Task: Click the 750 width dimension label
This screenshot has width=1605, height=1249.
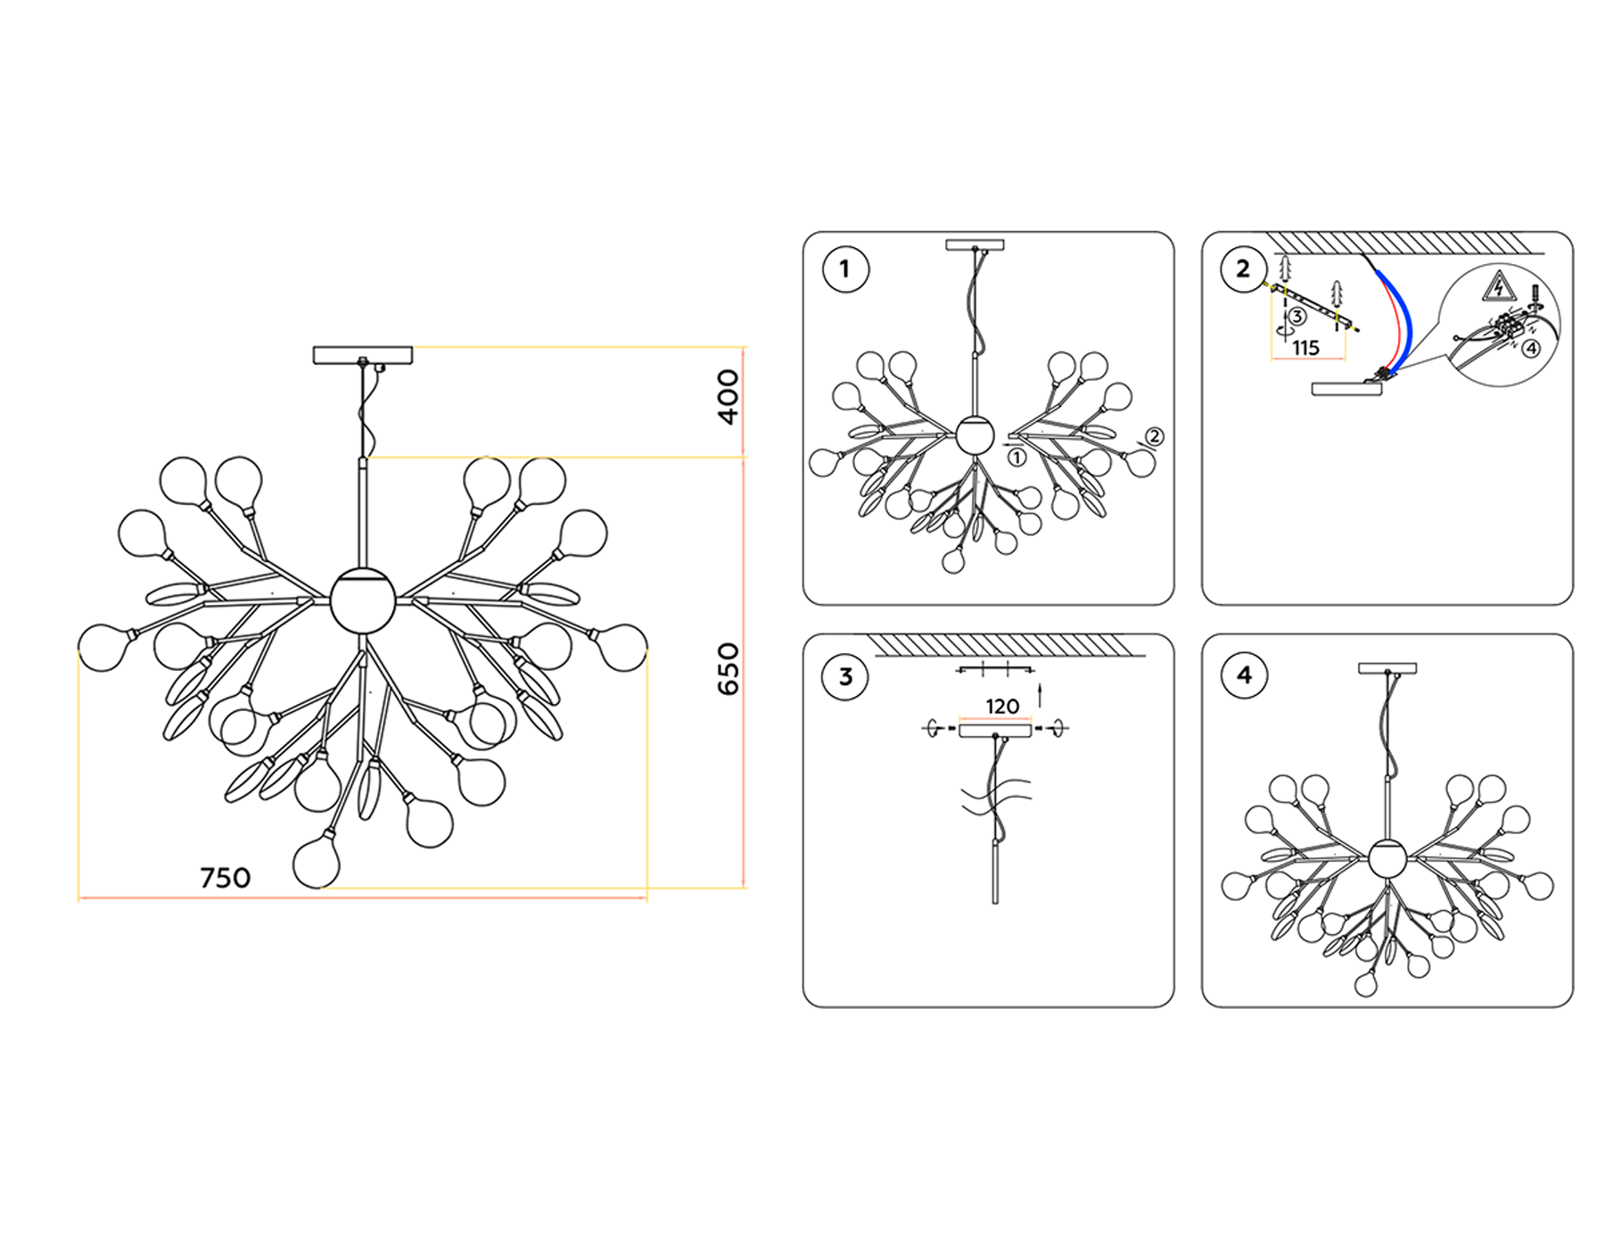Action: coord(225,878)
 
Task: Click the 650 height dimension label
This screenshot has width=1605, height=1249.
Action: coord(728,669)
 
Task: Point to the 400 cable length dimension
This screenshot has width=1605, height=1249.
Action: coord(728,397)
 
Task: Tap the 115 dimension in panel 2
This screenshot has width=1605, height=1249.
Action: coord(1305,348)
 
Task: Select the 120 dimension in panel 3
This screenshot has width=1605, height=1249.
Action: coord(1002,707)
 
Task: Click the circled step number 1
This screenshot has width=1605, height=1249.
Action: coord(845,269)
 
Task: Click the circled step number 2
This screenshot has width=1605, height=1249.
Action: coord(1244,269)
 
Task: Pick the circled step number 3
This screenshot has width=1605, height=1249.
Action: coord(845,676)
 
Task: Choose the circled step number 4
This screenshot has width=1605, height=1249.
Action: coord(1244,675)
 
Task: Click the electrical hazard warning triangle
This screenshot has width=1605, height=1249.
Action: coord(1499,287)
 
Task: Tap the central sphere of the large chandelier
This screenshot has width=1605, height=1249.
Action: coord(362,600)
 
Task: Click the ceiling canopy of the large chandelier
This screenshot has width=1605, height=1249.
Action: coord(363,355)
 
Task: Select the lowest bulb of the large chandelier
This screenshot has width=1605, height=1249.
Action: coord(317,859)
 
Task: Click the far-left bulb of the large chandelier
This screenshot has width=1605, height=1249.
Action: coord(104,647)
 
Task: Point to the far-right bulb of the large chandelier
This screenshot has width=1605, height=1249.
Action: coord(621,647)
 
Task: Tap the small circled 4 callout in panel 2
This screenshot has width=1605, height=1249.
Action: coord(1530,348)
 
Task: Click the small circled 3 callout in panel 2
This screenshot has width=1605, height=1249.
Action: coord(1297,317)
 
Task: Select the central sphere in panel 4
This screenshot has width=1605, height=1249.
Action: coord(1387,858)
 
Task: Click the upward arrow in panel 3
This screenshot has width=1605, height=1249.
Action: coord(1040,696)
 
